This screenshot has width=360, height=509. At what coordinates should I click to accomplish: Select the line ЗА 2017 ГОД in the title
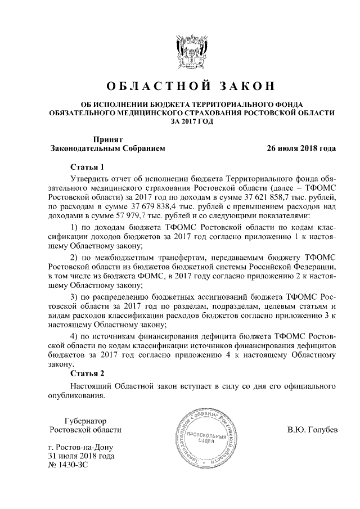191,121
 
